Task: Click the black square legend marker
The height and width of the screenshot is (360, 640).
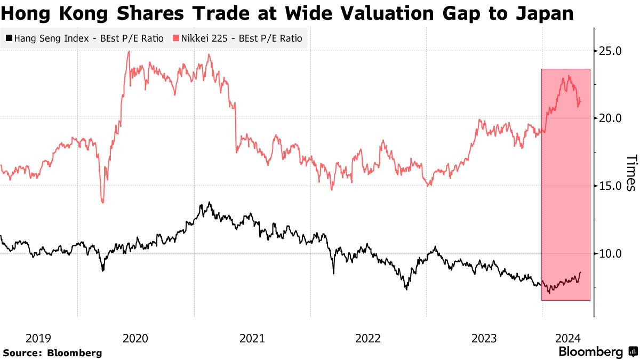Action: tap(9, 38)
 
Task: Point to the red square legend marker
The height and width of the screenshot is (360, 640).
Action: tap(175, 38)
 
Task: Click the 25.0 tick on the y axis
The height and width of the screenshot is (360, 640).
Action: tap(611, 51)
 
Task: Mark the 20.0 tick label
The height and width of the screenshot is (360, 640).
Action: tap(611, 118)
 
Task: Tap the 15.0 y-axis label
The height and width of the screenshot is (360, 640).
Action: tap(611, 186)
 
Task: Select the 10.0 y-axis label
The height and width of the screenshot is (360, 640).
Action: tap(611, 253)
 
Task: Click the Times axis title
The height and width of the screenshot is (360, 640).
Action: tap(630, 173)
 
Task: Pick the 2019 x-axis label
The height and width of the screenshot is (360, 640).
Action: tap(38, 338)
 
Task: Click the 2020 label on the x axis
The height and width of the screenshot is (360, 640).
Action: tap(135, 338)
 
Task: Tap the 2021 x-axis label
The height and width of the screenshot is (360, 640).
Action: tap(252, 338)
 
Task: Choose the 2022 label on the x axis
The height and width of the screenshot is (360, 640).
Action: tap(368, 338)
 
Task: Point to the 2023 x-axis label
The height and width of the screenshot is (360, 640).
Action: tap(484, 338)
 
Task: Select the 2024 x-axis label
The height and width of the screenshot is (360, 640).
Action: tap(567, 338)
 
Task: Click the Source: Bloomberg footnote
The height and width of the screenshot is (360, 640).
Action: tap(52, 353)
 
